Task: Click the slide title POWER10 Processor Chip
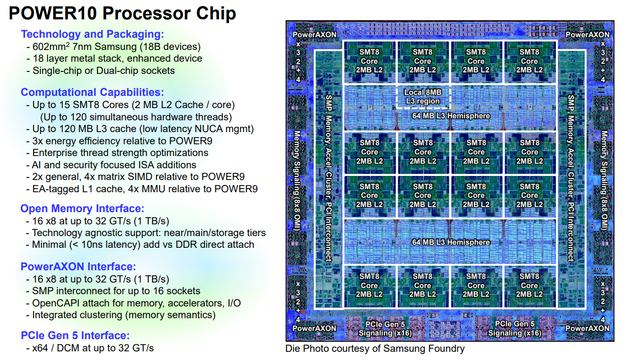click(122, 13)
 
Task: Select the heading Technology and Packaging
click(92, 34)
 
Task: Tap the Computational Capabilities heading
click(92, 92)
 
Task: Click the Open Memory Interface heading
click(82, 209)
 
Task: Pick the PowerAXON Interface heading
click(78, 267)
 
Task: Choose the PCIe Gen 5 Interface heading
click(75, 336)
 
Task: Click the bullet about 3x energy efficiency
click(122, 141)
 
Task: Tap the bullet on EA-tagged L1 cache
click(145, 189)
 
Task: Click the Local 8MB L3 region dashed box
click(423, 96)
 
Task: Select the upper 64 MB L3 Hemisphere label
click(451, 116)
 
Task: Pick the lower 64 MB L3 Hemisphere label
click(451, 242)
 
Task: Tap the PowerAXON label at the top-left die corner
click(315, 35)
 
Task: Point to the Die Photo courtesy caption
click(375, 349)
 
